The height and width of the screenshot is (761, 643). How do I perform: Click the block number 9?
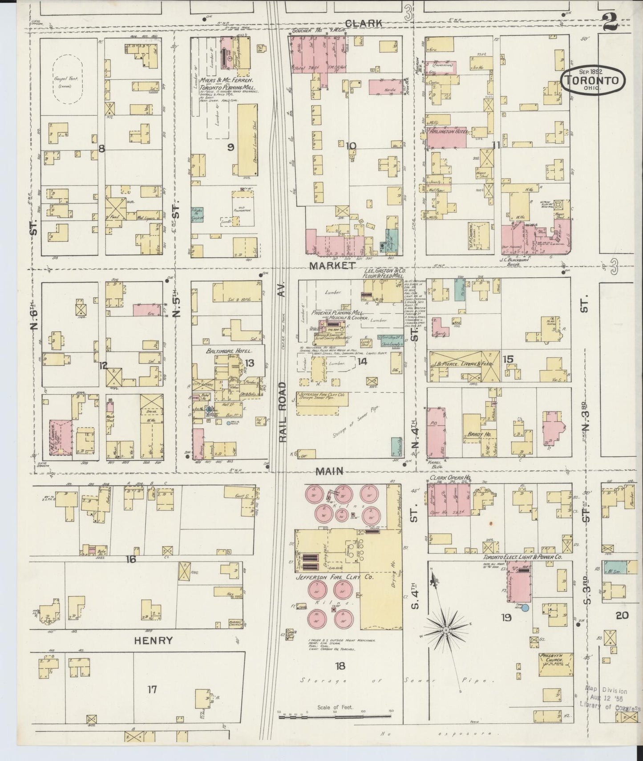231,147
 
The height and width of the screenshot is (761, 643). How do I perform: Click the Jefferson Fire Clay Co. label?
340,577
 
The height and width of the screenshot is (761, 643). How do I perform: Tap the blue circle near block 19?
525,607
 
